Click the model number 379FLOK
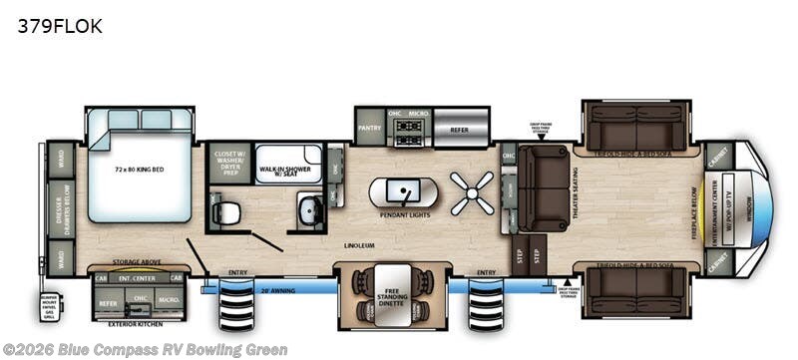point(59,26)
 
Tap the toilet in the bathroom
point(227,211)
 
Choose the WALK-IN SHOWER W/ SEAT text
point(288,173)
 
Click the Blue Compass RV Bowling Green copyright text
point(145,349)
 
